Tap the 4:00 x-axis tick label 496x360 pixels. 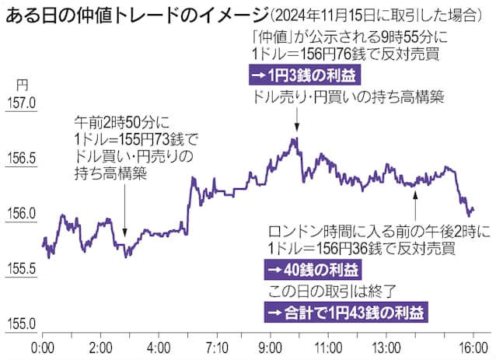point(159,346)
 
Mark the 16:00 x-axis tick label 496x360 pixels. point(471,346)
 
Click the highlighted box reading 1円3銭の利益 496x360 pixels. point(299,75)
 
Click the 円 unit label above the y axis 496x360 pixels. point(21,84)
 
